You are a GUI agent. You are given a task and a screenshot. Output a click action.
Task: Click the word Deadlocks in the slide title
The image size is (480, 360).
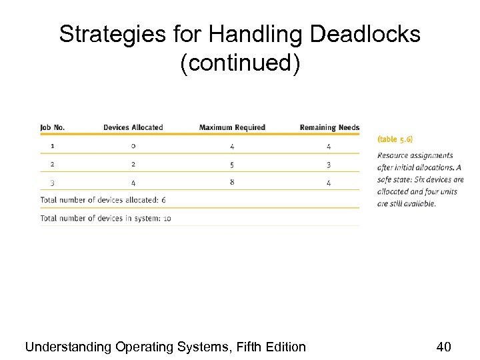(363, 34)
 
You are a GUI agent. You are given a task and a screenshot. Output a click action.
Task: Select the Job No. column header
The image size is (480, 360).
(53, 127)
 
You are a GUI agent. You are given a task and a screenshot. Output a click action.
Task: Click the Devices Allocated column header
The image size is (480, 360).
(133, 127)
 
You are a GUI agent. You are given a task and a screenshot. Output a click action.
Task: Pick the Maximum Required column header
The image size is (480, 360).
(232, 127)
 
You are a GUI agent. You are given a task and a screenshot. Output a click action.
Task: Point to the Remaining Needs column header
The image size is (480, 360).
(329, 127)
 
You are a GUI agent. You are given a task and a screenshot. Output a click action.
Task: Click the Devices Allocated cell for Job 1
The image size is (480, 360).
(133, 145)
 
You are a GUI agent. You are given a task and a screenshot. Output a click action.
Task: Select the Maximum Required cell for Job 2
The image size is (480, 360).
(232, 164)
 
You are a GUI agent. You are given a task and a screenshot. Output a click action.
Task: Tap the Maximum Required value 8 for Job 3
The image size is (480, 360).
(232, 182)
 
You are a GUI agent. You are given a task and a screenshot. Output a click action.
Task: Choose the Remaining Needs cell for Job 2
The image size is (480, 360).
(328, 164)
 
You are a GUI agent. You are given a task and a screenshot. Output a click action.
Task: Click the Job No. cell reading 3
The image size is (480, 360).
(52, 182)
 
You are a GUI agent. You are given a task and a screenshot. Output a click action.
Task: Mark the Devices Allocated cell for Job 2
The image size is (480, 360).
(133, 164)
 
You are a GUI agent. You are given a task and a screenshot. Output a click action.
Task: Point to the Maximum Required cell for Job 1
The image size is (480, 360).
(232, 145)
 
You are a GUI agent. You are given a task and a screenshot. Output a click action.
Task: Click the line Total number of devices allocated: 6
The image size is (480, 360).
(103, 200)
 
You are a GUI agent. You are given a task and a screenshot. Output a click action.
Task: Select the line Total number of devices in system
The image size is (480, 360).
(105, 218)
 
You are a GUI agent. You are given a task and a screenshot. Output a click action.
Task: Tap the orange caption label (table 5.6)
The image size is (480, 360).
(395, 139)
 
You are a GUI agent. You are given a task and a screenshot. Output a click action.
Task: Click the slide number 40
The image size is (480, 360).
(444, 346)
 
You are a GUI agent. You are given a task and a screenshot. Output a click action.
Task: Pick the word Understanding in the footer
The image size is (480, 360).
(68, 347)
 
